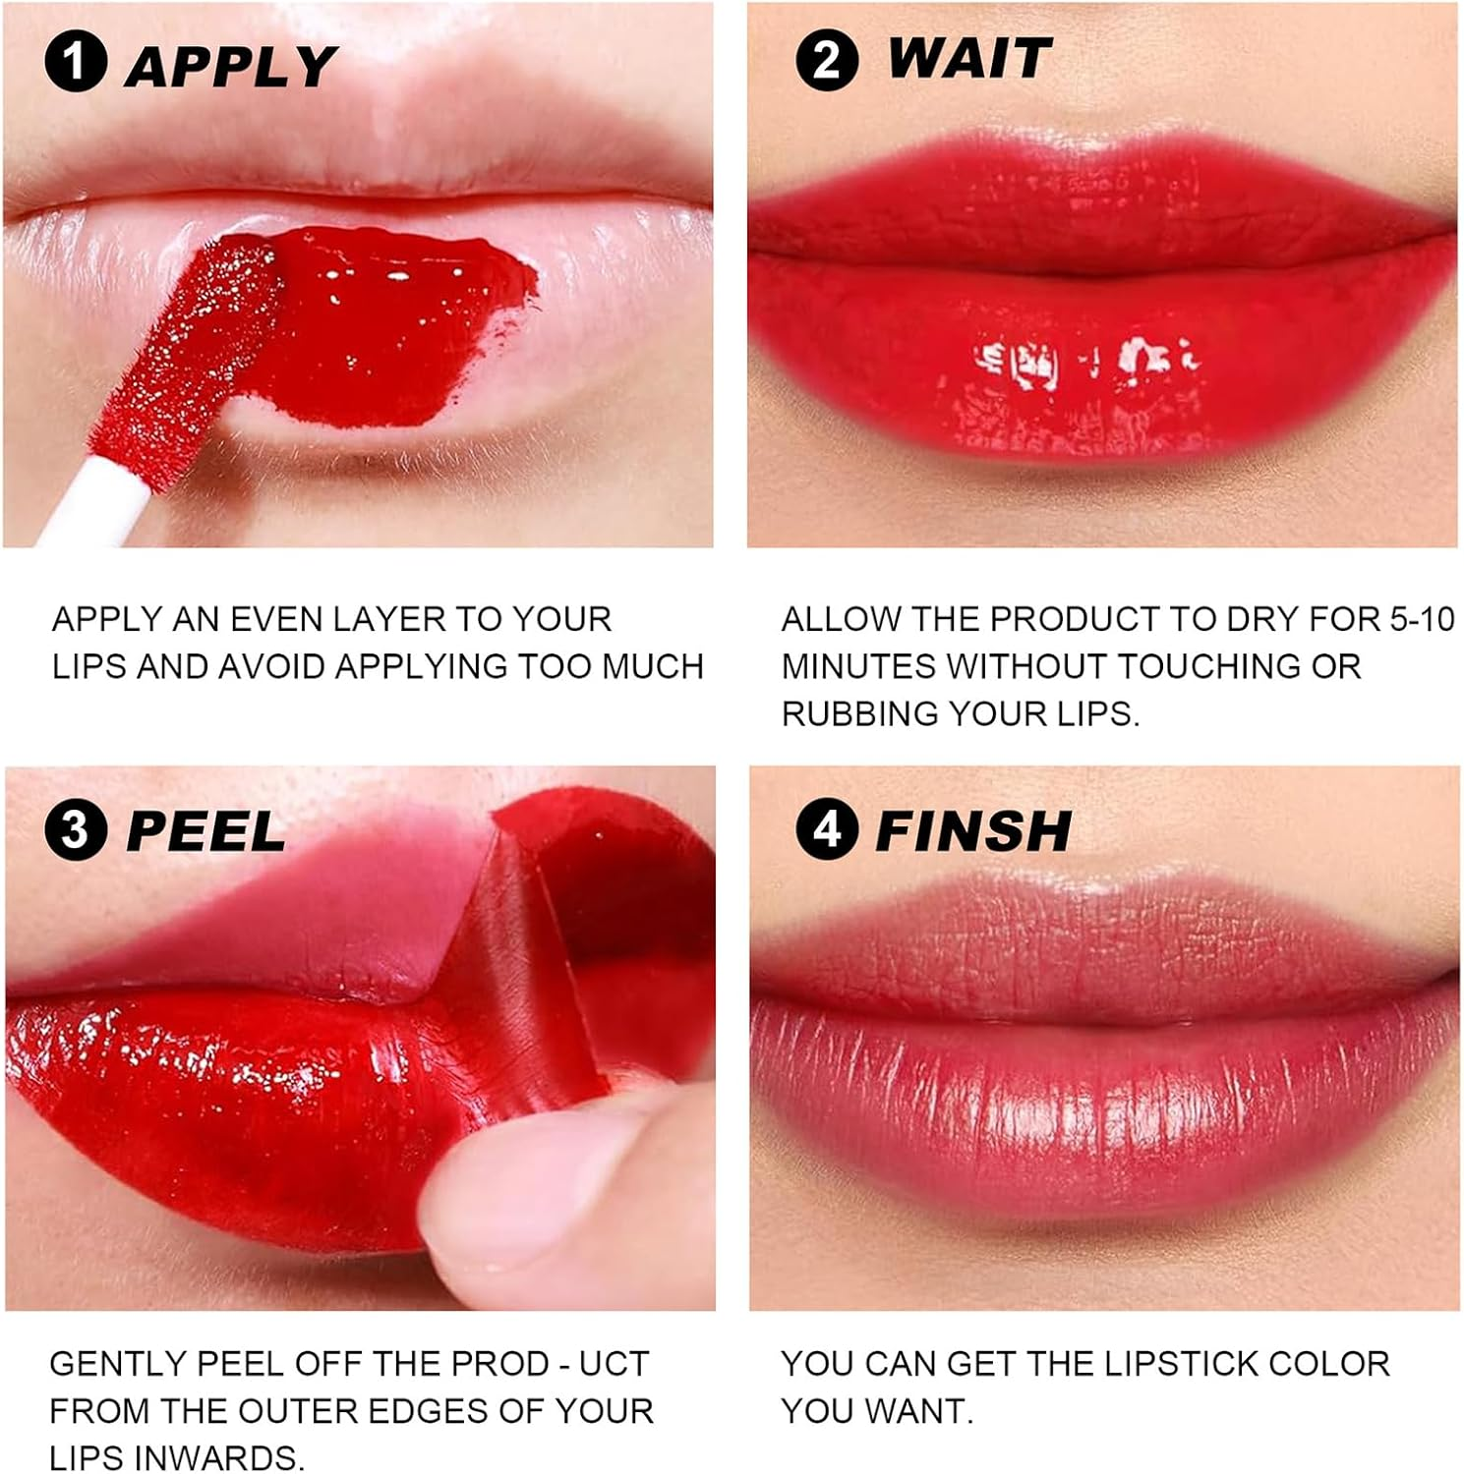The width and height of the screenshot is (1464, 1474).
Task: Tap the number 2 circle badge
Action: tap(826, 60)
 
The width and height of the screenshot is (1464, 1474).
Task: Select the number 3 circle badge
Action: tap(75, 830)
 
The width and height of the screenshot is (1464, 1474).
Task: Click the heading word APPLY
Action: tap(230, 66)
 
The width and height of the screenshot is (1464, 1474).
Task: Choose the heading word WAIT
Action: tap(968, 59)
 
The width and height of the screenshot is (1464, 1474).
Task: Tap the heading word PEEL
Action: tap(205, 832)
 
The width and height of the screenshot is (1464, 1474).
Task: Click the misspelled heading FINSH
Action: tap(972, 831)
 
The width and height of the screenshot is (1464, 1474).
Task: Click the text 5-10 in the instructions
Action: tap(1422, 619)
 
